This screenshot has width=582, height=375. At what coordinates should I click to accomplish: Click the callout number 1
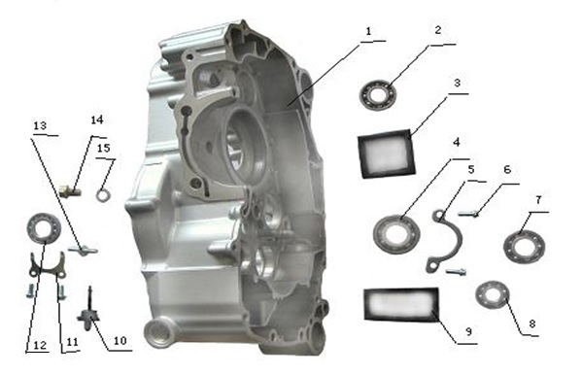pos(368,31)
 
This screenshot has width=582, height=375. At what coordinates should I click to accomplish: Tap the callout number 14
pos(96,119)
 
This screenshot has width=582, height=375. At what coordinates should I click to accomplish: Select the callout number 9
pos(468,331)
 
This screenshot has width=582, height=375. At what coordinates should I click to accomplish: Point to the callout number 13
pos(40,125)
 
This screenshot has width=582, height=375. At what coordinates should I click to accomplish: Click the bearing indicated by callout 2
pos(378,93)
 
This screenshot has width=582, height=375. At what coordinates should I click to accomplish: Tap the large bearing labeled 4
pos(396,235)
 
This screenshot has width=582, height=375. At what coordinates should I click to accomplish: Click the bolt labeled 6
pos(467,214)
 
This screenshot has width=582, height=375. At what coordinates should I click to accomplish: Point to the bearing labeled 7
pos(524,247)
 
